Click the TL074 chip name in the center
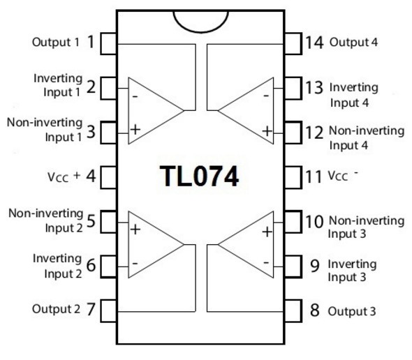point(199,177)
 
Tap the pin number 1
point(91,42)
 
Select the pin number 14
point(314,43)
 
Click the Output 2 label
point(56,309)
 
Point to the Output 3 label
point(352,311)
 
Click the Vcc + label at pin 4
point(64,177)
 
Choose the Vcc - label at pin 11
point(343,176)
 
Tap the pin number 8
point(314,310)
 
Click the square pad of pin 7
point(108,311)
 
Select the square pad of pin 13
point(293,88)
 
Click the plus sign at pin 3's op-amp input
point(135,130)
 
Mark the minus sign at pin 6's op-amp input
point(135,263)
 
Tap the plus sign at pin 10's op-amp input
point(267,232)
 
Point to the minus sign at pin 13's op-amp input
point(266,96)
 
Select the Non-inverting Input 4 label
point(367,138)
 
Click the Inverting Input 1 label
point(58,85)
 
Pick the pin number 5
point(91,221)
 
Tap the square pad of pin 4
point(108,177)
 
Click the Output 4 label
point(353,43)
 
